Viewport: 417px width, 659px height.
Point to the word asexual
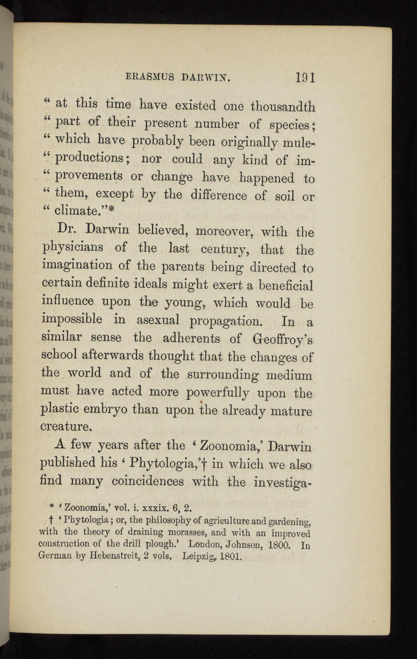[x=158, y=320]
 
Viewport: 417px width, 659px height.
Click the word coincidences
[x=147, y=480]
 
